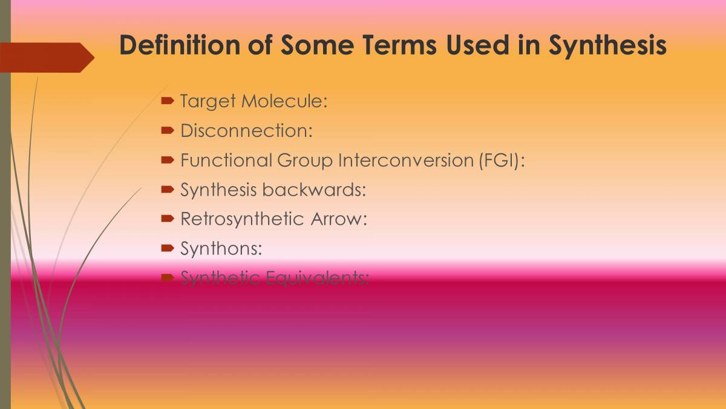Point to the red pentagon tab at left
point(46,58)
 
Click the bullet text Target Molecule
point(253,101)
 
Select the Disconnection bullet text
point(246,130)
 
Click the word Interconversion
point(399,160)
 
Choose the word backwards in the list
point(314,190)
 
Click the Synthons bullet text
point(221,248)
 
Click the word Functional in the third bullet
point(226,160)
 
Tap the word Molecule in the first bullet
point(284,101)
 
